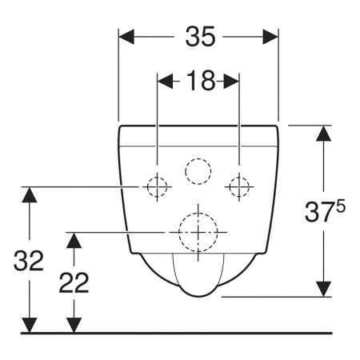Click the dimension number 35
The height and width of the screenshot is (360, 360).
click(200, 37)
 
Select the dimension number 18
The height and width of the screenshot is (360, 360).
click(200, 81)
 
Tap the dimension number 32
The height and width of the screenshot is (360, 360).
click(29, 261)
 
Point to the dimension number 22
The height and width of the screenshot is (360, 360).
click(74, 282)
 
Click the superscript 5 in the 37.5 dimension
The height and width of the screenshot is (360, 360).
click(341, 208)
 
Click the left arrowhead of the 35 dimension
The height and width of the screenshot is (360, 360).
click(126, 37)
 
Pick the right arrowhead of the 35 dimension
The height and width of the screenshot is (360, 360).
click(270, 37)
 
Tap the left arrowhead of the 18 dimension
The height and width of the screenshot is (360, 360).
click(165, 81)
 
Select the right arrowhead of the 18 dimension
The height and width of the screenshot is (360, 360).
click(231, 81)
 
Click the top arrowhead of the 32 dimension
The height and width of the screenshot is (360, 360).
click(29, 194)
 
